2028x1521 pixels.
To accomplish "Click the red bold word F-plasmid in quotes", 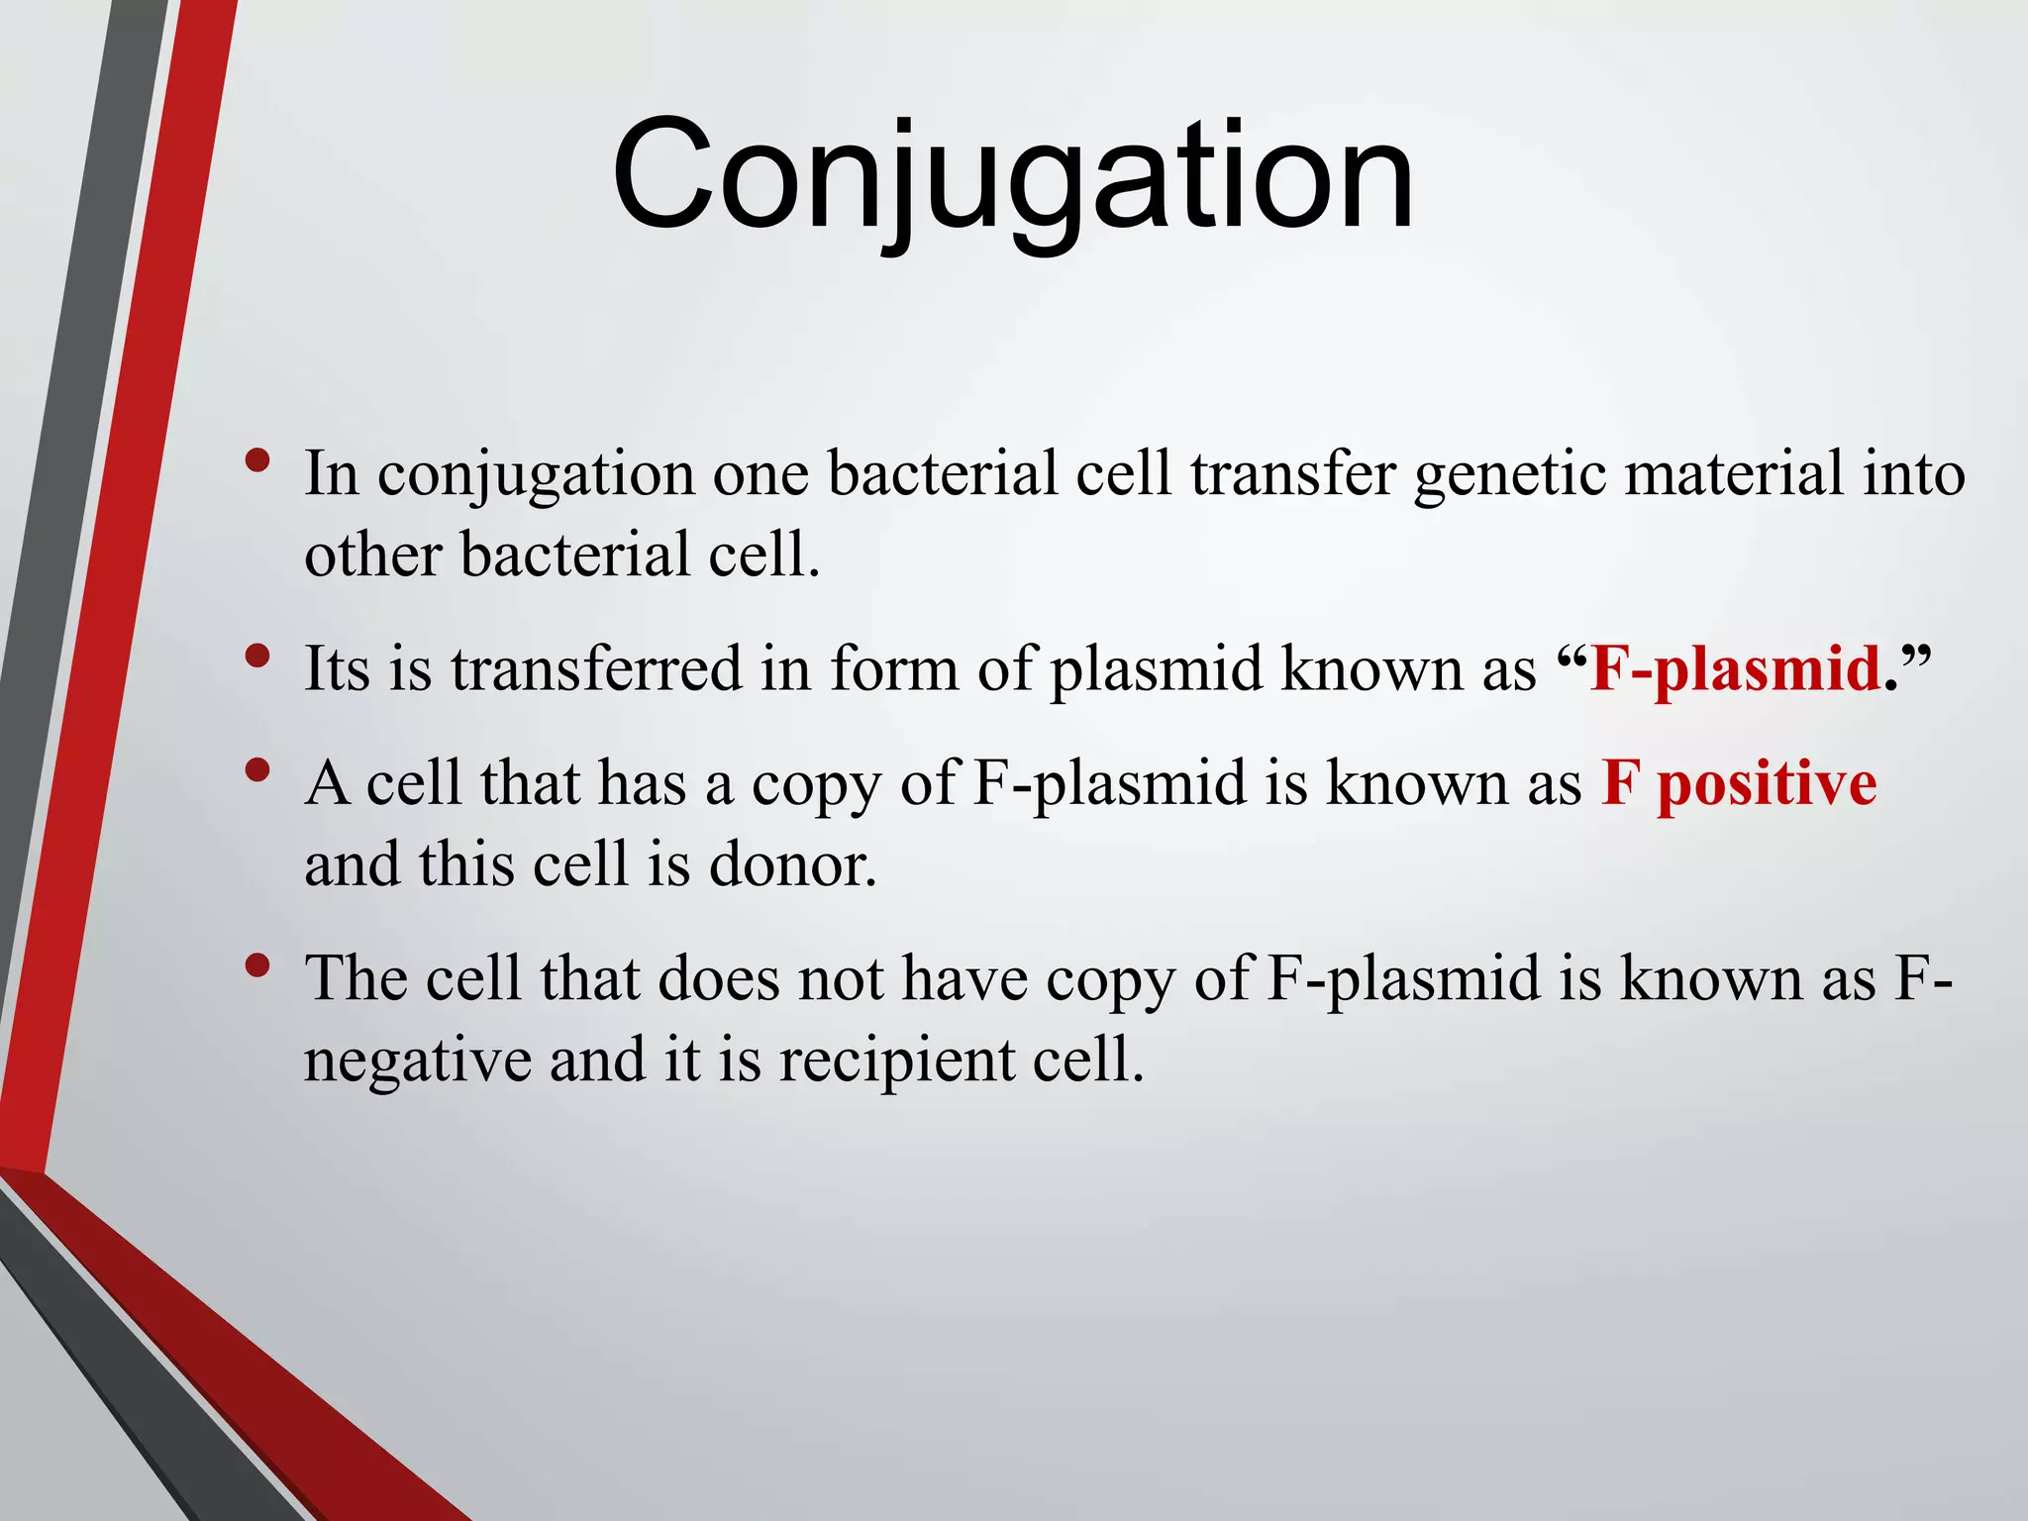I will coord(1735,669).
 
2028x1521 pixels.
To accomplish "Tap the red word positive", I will coord(1767,784).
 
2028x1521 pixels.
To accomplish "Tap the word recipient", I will coord(897,1062).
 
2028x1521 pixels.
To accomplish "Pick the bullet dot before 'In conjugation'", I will coord(257,460).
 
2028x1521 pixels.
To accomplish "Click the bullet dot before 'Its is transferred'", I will coord(257,656).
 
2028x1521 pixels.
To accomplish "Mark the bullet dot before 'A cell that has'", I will coord(257,770).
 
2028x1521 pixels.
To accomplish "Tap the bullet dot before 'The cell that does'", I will coord(257,965).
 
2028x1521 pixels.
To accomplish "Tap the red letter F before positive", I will coord(1619,784).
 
